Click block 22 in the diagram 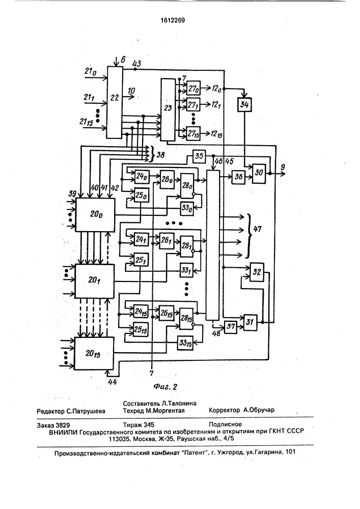tap(115, 103)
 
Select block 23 tap(168, 109)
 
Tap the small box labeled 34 tap(244, 104)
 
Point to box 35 tap(199, 156)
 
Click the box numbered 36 tap(238, 177)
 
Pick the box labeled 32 tap(257, 272)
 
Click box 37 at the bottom tap(231, 326)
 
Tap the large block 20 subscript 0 tap(95, 215)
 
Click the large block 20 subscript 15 tap(94, 353)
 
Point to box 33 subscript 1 tap(186, 270)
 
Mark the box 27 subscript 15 tap(193, 133)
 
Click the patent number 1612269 tap(173, 20)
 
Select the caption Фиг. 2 tap(165, 387)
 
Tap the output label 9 tap(283, 167)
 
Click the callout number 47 tap(257, 229)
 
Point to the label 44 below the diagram tap(112, 382)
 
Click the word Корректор tap(225, 410)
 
